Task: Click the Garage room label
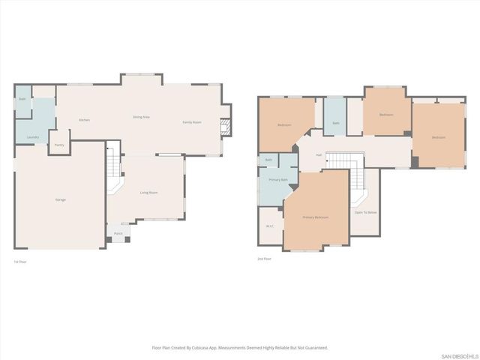(59, 199)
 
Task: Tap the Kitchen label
(85, 120)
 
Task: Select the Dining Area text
(142, 117)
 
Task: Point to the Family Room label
(192, 122)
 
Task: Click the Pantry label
(59, 145)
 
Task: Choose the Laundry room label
(32, 137)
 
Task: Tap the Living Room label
(148, 193)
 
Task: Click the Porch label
(118, 234)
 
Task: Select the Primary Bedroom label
(316, 217)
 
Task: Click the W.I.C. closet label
(269, 226)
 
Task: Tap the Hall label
(319, 155)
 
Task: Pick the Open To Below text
(365, 212)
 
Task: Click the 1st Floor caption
(20, 261)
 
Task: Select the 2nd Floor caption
(264, 259)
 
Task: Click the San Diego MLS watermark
(458, 355)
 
